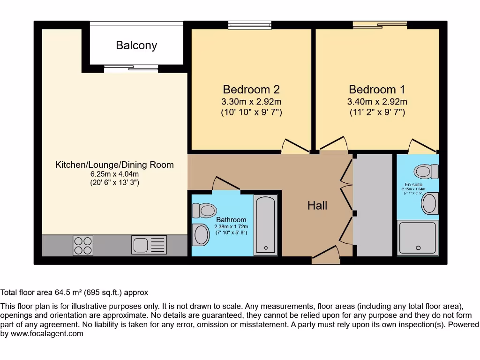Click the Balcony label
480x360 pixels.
point(136,45)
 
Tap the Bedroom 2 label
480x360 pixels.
point(251,89)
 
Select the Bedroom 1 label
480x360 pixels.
point(377,89)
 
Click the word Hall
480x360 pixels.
point(317,205)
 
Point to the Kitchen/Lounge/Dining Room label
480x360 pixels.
point(114,165)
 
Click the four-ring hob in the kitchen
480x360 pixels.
point(83,245)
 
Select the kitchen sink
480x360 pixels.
point(149,245)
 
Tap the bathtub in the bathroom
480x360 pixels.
point(266,225)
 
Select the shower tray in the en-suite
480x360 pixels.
point(418,238)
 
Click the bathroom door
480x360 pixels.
point(225,184)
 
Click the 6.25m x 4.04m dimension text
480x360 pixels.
point(114,174)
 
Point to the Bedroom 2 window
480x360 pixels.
point(250,25)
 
